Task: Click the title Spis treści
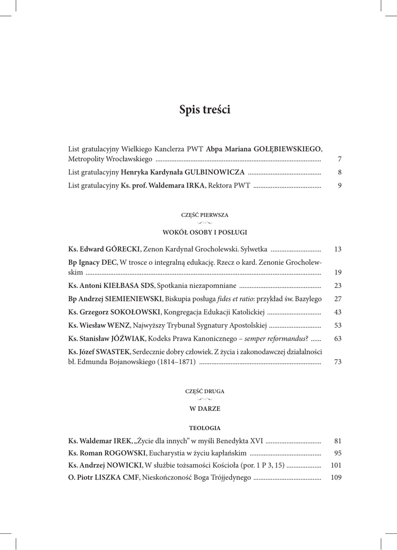click(204, 110)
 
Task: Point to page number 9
click(340, 186)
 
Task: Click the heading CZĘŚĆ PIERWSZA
click(204, 214)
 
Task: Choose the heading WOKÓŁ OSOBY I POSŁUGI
click(204, 232)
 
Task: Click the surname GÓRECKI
click(122, 249)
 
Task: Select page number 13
click(337, 249)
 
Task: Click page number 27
click(337, 299)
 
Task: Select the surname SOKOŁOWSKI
click(137, 312)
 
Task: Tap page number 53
click(337, 325)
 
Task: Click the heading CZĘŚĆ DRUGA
click(204, 391)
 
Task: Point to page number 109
click(336, 477)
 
